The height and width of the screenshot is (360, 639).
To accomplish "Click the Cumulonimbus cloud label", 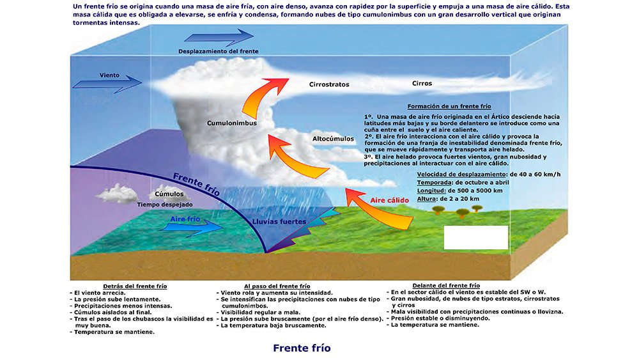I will point(231,122).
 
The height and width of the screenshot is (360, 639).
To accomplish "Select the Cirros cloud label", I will point(422,83).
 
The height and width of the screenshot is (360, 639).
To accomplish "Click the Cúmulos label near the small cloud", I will point(169,194).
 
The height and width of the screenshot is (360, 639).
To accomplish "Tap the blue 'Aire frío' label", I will point(185,219).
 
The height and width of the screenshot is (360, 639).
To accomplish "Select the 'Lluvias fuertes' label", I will point(279,222).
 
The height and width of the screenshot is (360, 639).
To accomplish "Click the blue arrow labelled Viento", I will point(107,82).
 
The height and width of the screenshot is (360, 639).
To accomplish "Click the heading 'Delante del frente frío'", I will point(446,285).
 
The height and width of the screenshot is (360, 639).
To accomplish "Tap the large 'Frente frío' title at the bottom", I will point(302,348).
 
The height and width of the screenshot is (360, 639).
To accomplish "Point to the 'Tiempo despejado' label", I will point(165,205).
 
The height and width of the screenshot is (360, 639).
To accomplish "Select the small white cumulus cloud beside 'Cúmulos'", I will point(116,192).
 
